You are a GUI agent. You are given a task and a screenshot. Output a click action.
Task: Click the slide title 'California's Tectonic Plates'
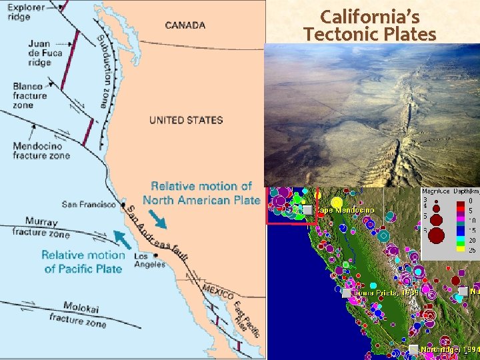369,25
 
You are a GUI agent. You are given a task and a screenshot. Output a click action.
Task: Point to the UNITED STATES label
186,120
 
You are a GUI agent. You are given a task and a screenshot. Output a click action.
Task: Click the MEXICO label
219,291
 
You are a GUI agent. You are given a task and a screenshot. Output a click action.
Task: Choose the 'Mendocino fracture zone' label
41,151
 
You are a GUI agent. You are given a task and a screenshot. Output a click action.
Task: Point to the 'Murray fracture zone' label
46,227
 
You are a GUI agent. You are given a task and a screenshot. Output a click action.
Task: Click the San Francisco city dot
122,203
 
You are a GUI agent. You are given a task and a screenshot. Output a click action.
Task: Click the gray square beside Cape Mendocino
307,210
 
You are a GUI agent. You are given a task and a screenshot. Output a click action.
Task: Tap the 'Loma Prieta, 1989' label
387,293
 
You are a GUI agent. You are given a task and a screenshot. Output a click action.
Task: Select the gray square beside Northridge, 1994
413,349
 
